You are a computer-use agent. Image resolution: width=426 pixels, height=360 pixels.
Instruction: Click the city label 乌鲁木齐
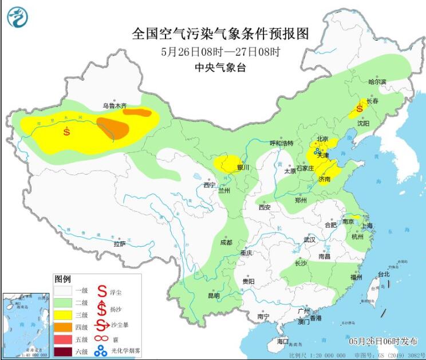(113, 106)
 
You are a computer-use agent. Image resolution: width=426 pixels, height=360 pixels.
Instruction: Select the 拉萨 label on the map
(119, 244)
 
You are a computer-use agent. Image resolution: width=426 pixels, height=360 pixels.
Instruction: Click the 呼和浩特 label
(281, 143)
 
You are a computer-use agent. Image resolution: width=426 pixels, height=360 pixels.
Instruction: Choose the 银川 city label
(243, 168)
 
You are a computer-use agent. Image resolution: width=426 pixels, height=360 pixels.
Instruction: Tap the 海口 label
(283, 341)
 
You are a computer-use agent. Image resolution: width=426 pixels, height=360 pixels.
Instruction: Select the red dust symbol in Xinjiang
(67, 131)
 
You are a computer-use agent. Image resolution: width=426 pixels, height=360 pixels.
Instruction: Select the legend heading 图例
(62, 279)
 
